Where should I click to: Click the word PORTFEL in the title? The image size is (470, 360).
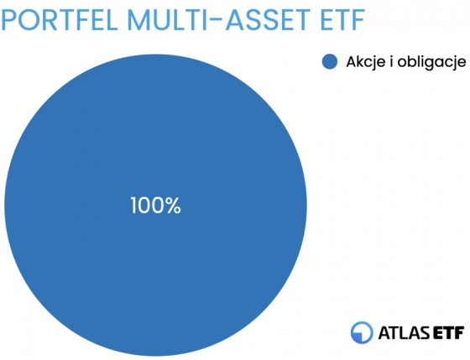tap(59, 20)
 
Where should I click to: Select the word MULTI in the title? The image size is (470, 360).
tap(167, 20)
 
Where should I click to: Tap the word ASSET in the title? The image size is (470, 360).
tap(268, 20)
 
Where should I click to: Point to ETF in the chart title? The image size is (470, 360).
tap(342, 20)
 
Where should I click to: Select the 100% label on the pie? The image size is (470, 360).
tap(155, 206)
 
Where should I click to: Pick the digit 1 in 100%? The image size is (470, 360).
tap(133, 206)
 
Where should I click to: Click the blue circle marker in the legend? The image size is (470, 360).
tap(330, 61)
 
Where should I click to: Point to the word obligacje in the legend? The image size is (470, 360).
tap(431, 62)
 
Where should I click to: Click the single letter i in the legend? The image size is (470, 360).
tap(391, 61)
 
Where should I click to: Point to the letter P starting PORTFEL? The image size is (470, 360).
tap(8, 20)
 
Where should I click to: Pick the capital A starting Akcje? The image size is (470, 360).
tap(352, 61)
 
